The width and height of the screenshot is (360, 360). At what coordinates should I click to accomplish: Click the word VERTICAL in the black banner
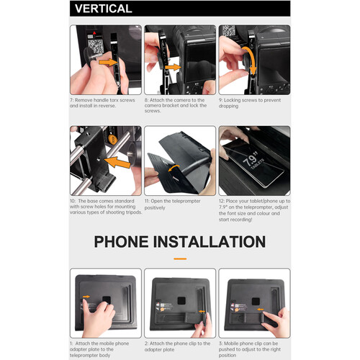pos(104,9)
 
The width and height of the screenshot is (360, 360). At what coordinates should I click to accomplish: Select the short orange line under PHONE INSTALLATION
pos(179,258)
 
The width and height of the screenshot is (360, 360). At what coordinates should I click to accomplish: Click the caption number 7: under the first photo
pos(73,99)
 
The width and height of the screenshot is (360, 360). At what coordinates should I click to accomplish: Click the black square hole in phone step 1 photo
pos(105,298)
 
